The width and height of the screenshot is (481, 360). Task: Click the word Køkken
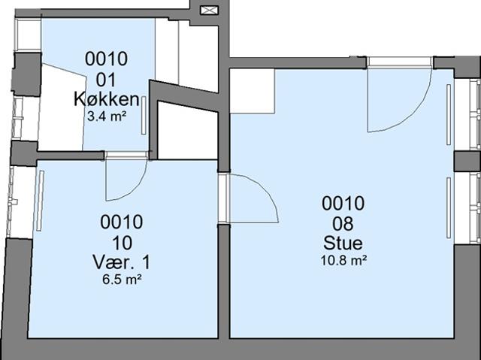106,98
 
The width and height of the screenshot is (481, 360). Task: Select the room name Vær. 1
121,262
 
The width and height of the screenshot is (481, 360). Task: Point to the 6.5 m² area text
121,279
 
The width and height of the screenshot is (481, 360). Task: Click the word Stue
343,244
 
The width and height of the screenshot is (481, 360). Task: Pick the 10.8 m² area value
343,260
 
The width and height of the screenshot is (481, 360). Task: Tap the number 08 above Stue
343,223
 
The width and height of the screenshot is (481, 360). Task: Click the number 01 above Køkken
106,79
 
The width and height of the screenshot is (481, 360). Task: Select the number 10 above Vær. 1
121,242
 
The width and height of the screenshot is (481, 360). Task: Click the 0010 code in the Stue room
343,203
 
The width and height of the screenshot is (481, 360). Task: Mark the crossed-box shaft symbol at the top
207,10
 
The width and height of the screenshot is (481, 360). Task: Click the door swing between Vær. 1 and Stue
252,197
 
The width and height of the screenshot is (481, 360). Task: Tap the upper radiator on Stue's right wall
449,114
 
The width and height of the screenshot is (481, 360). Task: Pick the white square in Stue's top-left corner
252,91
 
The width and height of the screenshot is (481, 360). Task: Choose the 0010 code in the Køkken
106,59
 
